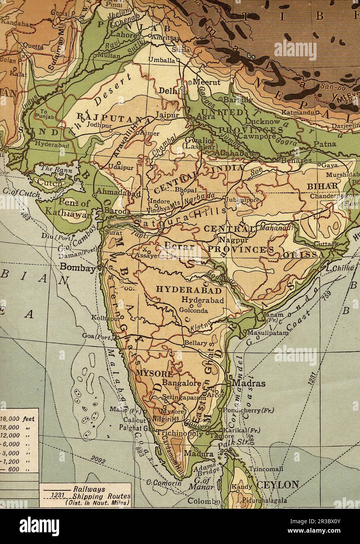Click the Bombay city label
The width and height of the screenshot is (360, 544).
click(x=77, y=269)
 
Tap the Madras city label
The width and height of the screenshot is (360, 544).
click(x=249, y=383)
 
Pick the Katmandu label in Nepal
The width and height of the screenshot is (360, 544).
click(x=298, y=113)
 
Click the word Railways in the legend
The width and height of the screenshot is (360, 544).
click(x=89, y=489)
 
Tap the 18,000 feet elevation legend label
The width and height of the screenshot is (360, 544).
click(x=18, y=419)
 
